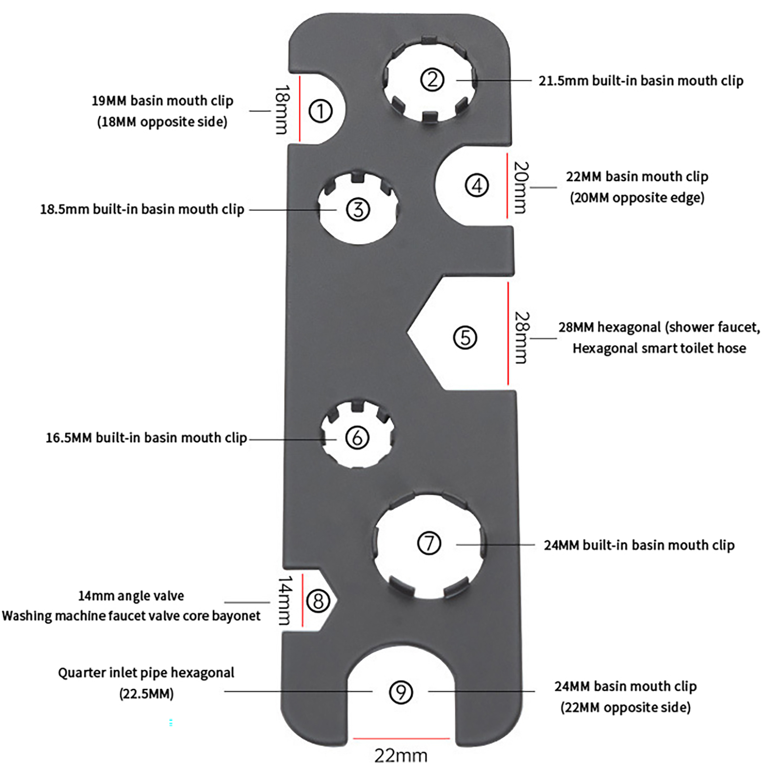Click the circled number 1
point(320,111)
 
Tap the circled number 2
point(432,80)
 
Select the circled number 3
point(358,210)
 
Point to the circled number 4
point(477,186)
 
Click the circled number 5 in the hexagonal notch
point(465,337)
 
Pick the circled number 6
point(358,438)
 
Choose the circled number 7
point(429,544)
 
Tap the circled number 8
point(319,601)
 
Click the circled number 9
point(400,692)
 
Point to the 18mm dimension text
point(282,109)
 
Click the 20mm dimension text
point(520,187)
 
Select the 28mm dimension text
point(521,337)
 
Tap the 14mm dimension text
point(285,600)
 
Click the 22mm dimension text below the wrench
point(401,756)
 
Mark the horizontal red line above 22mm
point(401,738)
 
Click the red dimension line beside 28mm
point(508,333)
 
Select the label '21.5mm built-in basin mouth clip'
point(641,80)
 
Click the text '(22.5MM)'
point(146,694)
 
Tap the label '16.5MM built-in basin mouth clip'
point(146,438)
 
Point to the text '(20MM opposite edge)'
point(637,198)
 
